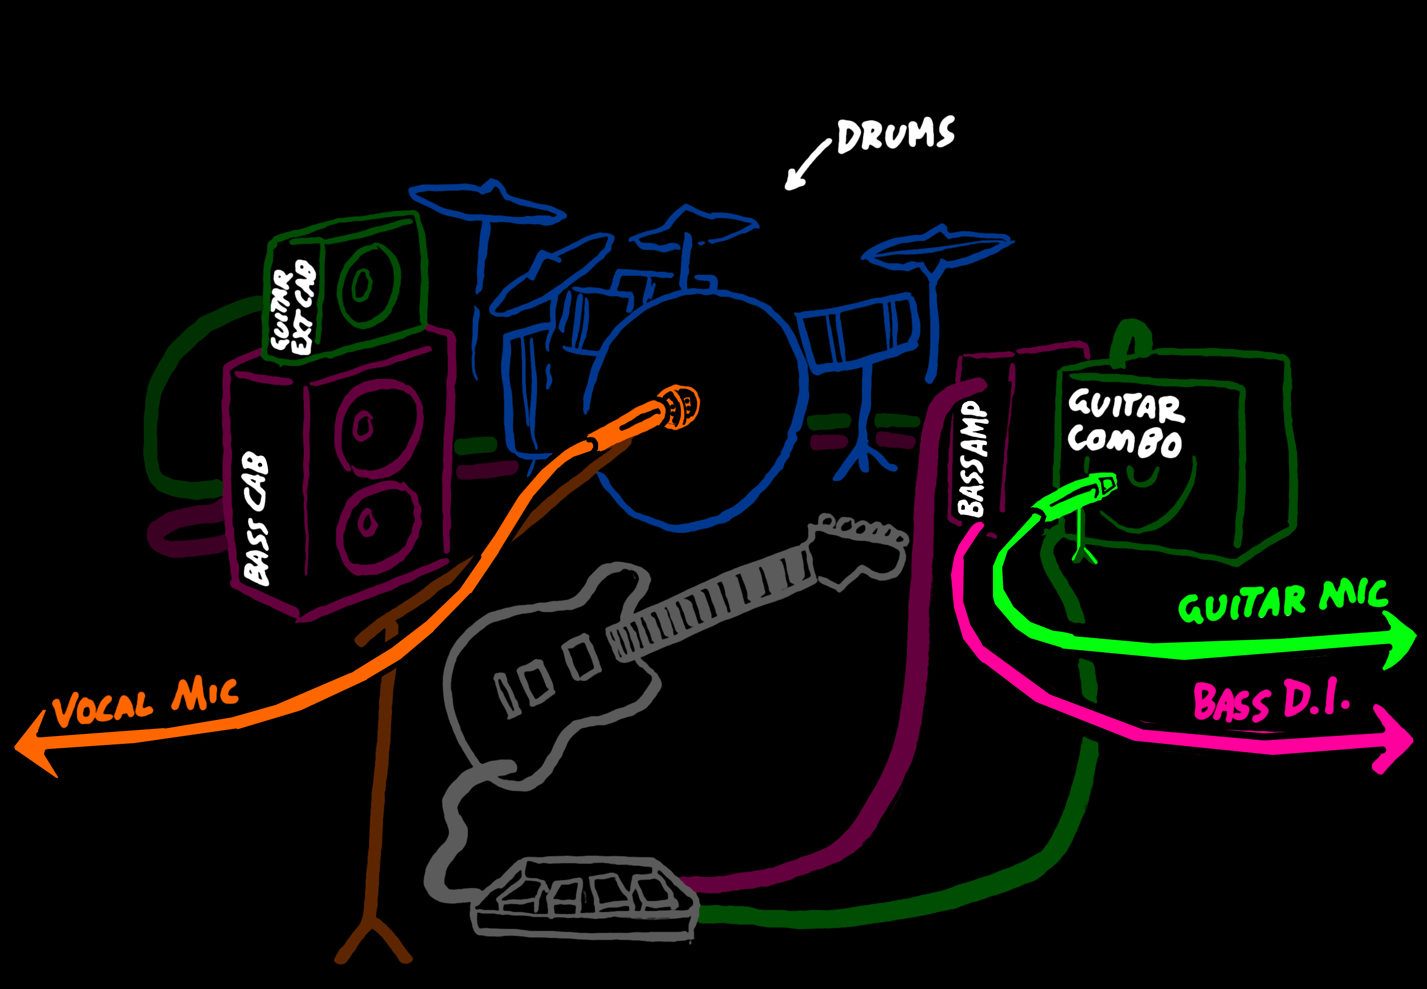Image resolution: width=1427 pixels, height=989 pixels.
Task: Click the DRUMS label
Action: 895,135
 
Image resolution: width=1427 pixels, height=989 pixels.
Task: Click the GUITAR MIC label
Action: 1282,601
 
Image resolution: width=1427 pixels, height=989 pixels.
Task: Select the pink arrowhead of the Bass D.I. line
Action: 1394,740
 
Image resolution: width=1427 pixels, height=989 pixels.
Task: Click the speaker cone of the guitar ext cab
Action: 368,285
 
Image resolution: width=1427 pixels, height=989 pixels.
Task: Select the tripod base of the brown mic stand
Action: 372,935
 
